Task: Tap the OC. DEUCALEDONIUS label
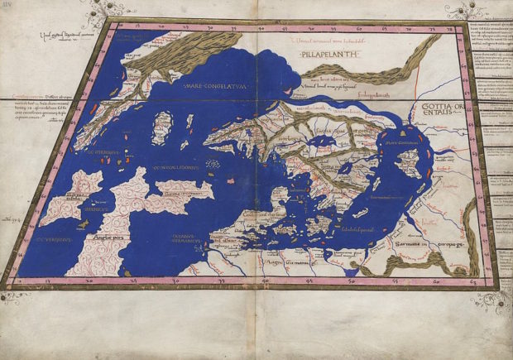tap(175, 166)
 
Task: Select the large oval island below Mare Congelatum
tap(161, 128)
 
